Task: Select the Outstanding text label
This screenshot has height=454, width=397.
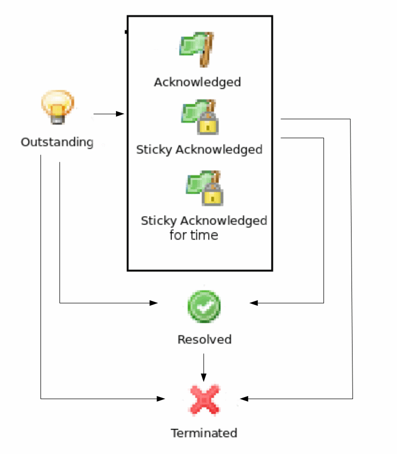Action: tap(57, 142)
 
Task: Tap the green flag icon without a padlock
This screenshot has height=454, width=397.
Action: tap(197, 49)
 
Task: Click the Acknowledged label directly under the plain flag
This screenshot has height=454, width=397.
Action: tap(197, 82)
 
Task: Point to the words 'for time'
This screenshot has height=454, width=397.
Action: tap(193, 235)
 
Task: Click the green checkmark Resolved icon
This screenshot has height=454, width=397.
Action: tap(204, 306)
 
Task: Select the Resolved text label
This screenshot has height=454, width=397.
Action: tap(204, 340)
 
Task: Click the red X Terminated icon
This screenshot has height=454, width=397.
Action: tap(205, 400)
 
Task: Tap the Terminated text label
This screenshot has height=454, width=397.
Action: tap(204, 433)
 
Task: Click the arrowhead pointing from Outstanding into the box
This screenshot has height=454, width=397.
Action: tap(120, 114)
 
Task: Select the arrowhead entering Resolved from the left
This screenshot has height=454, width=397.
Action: tap(154, 303)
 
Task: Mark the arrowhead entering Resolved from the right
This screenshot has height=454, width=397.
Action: tap(253, 303)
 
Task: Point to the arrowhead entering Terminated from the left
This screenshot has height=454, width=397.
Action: tap(161, 399)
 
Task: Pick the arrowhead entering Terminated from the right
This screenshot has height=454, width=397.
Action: tap(243, 399)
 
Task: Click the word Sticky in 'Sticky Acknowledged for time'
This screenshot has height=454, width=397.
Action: tap(159, 221)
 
